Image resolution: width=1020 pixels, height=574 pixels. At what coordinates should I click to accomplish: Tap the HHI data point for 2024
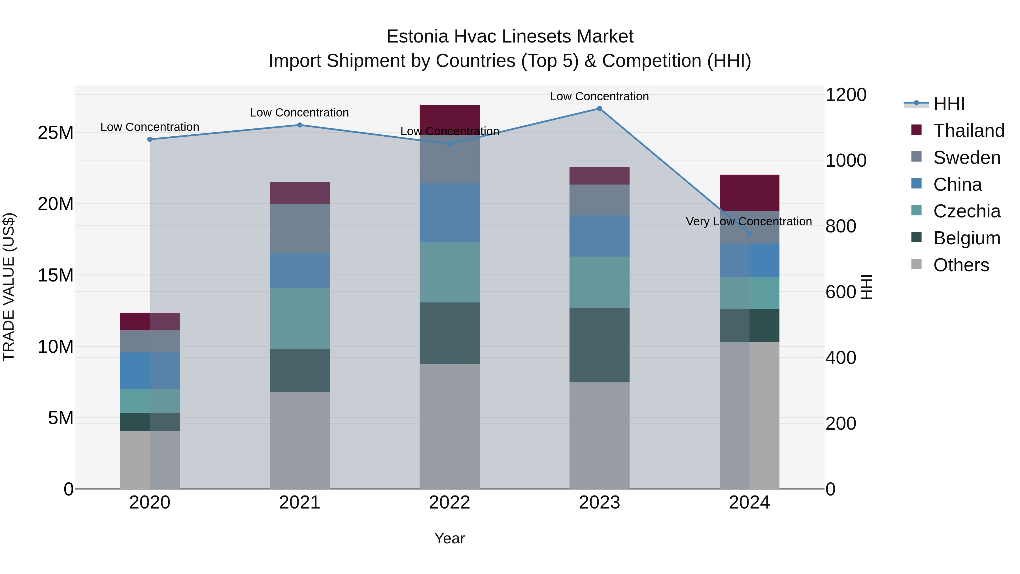[749, 234]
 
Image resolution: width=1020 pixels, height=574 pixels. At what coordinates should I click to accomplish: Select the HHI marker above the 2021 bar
[300, 125]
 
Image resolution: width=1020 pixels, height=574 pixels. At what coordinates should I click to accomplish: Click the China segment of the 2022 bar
[449, 213]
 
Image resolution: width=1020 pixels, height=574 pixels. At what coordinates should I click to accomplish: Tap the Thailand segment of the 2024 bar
[749, 192]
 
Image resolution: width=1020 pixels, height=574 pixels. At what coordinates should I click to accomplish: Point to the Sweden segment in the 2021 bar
[300, 228]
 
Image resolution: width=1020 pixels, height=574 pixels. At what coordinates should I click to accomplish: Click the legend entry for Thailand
[968, 131]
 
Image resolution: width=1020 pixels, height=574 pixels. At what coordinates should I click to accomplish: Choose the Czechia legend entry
[966, 211]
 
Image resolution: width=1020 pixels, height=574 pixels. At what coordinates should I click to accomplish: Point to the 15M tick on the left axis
[56, 275]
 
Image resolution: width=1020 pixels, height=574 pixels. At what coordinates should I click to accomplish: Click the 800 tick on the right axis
[841, 226]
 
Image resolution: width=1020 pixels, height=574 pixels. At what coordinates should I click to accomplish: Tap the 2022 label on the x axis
[449, 503]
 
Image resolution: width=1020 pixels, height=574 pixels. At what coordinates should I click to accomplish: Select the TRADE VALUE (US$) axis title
[9, 287]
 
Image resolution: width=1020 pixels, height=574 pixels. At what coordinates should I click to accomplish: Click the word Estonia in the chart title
[417, 37]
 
